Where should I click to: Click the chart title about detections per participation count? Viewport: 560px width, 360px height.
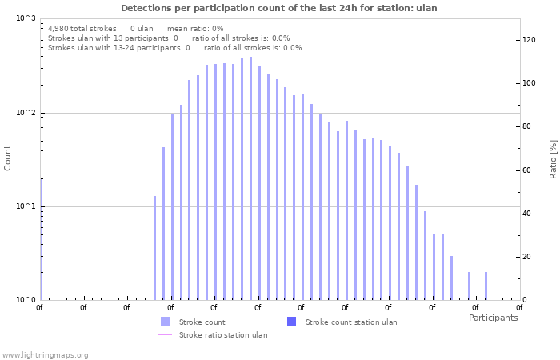279,7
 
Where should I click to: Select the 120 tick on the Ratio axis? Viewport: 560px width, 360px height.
530,40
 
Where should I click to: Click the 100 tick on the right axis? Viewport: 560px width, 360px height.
530,83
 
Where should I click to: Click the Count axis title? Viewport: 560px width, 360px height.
8,158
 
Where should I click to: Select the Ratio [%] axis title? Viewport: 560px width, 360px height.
553,158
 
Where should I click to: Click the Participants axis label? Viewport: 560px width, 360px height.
493,318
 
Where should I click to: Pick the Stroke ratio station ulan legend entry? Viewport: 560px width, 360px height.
223,334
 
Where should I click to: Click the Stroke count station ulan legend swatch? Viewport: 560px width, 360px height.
291,322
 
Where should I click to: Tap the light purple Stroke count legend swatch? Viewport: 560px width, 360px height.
166,322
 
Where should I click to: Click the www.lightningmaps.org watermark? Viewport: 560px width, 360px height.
46,354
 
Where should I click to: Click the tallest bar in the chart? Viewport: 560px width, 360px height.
250,178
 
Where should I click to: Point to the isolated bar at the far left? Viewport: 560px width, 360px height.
41,240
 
